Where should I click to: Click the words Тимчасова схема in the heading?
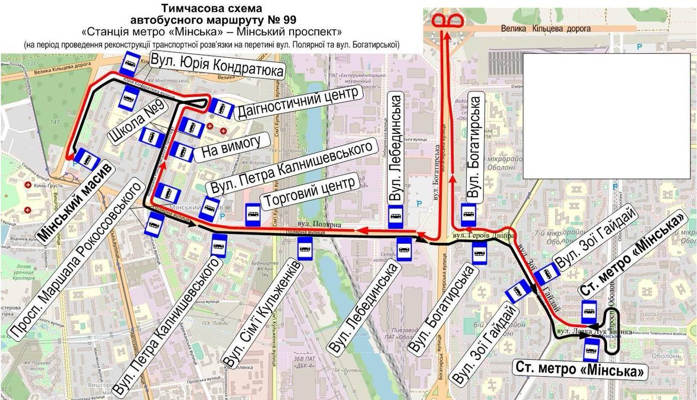[211, 8]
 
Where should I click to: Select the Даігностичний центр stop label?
[297, 102]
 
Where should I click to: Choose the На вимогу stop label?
[235, 145]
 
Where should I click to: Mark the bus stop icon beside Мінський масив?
[87, 159]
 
